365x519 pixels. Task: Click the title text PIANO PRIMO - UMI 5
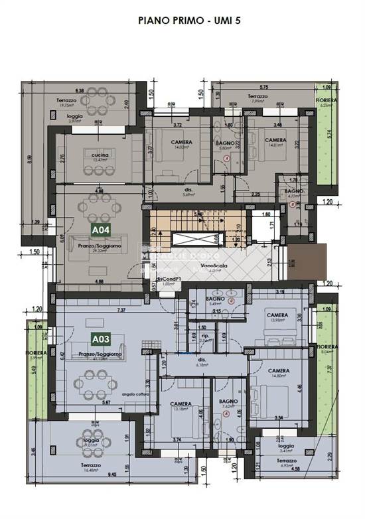point(189,21)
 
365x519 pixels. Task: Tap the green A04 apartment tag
point(100,230)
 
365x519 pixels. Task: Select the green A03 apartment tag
point(100,340)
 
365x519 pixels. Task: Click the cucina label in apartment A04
point(100,155)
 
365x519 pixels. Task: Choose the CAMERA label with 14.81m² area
point(275,140)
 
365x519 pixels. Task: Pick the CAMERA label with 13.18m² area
point(181,404)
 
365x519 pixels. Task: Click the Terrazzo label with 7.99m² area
point(257,96)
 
